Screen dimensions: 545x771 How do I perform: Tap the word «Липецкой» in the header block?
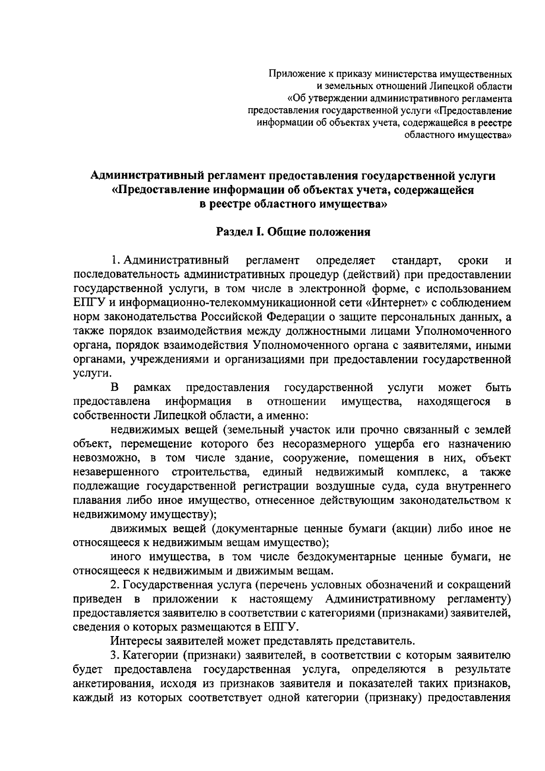pyautogui.click(x=458, y=85)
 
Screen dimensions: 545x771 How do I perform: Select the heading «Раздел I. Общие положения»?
pyautogui.click(x=293, y=232)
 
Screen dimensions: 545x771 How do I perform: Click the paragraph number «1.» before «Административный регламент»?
pyautogui.click(x=115, y=261)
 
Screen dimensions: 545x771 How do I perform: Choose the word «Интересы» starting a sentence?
pyautogui.click(x=133, y=641)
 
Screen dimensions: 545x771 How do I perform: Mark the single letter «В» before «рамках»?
pyautogui.click(x=114, y=388)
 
